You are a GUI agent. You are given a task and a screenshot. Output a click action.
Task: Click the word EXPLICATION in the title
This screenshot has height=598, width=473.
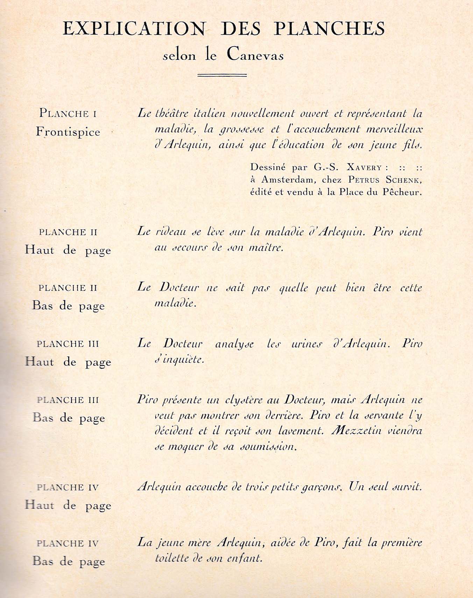point(134,29)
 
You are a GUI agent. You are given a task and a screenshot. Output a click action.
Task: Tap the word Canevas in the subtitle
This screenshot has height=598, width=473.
point(255,55)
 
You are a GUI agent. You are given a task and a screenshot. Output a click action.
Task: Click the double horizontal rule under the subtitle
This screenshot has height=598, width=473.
point(222,75)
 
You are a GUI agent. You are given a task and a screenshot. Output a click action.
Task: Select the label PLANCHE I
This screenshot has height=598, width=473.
point(68,113)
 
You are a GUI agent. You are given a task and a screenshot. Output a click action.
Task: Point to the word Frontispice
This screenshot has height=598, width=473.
point(68,132)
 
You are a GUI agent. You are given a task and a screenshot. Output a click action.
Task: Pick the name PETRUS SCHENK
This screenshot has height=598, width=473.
point(384,180)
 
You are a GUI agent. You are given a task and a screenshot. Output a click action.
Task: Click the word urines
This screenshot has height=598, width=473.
point(306,343)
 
